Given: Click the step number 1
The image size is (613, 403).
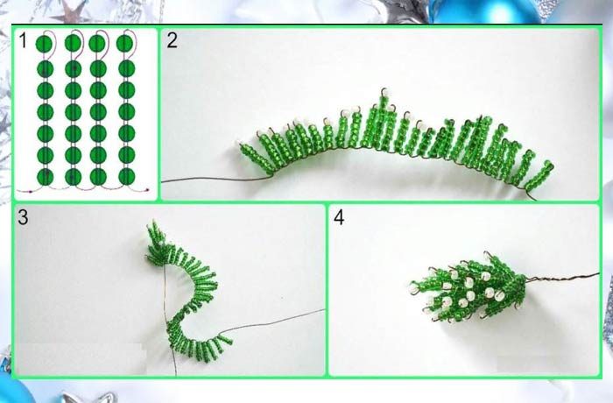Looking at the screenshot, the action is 24,40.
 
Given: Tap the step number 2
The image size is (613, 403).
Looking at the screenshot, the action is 172,40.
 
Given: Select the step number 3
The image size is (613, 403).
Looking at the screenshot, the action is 23,217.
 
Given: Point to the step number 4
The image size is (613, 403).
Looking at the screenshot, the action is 339,217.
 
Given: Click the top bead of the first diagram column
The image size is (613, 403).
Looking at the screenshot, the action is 45,44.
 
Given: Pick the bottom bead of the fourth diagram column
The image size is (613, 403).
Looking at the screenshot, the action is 126,176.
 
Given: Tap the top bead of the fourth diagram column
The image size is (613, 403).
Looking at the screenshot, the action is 124,43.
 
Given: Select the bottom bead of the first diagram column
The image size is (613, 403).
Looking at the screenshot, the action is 46,177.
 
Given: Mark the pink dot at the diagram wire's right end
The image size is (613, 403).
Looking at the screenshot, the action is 148,190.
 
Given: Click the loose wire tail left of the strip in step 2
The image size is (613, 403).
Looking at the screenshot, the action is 215,180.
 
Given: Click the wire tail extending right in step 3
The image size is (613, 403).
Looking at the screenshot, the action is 272,322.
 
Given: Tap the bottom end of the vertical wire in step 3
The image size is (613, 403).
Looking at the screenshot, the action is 176,375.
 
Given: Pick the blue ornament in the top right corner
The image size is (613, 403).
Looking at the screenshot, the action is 485,11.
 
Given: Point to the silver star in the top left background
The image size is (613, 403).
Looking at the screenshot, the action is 73,11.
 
